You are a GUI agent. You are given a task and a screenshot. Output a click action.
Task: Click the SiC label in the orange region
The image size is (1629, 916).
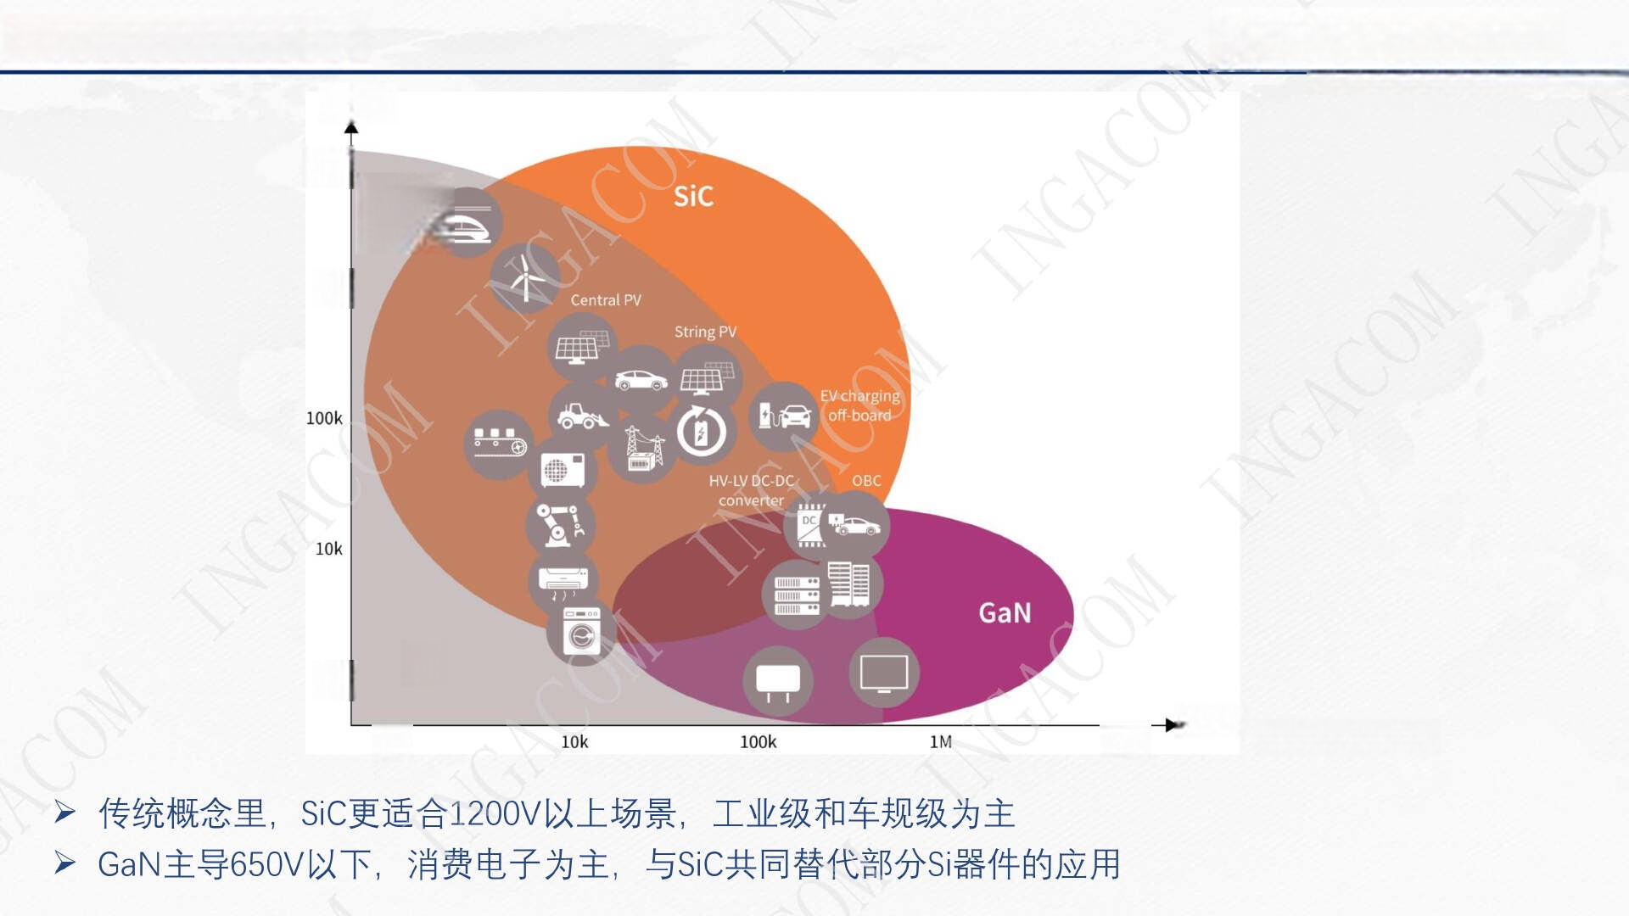(693, 196)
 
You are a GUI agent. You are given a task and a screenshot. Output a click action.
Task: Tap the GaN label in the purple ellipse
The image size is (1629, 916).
(1005, 612)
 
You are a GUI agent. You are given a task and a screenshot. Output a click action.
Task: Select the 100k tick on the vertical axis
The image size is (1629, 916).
(324, 418)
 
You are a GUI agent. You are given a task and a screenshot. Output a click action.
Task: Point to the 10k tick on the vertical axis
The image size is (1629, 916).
(328, 549)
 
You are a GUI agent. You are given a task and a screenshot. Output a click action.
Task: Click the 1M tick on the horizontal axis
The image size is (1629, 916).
(941, 742)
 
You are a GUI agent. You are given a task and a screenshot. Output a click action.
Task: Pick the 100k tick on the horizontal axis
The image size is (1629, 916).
(758, 742)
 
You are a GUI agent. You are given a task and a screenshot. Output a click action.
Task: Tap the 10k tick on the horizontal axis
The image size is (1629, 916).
(574, 742)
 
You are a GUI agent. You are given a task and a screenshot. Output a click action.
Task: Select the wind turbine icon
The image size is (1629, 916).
(525, 278)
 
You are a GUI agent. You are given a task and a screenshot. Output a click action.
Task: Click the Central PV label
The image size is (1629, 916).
(606, 300)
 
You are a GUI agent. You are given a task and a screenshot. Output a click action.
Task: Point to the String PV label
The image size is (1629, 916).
(705, 332)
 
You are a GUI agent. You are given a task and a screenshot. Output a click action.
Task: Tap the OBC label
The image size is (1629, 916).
(866, 481)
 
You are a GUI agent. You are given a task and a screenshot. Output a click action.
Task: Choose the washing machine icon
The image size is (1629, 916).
(582, 631)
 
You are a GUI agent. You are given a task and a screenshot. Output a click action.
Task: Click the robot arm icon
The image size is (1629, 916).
(560, 526)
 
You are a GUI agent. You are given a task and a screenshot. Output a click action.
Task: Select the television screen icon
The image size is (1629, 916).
(884, 673)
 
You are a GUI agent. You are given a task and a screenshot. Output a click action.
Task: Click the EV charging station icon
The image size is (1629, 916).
(785, 416)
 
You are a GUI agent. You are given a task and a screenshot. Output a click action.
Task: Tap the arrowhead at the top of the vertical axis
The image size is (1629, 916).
(351, 127)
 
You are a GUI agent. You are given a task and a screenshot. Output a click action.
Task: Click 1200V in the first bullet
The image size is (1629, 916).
(494, 814)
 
